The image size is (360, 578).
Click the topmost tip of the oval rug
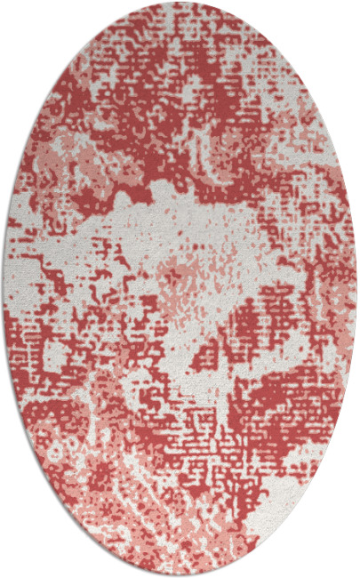(180, 4)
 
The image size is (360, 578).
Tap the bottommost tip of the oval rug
(180, 574)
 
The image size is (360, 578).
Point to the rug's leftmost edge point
(4, 289)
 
